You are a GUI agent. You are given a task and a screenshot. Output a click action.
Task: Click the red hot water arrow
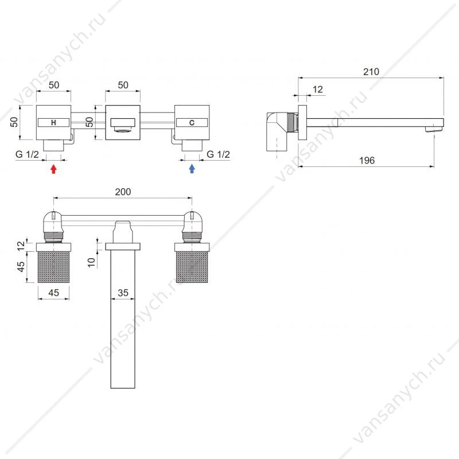pos(53,169)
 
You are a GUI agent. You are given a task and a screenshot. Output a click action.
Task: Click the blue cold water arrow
pos(192,169)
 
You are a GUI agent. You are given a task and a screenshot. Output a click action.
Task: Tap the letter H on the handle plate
pos(53,123)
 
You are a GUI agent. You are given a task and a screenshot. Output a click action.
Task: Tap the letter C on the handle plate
pos(192,123)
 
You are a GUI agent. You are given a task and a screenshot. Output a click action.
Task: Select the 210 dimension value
pos(371,72)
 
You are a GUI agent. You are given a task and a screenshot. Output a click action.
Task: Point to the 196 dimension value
pos(367,161)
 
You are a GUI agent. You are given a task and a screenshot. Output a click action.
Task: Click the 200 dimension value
pos(123,192)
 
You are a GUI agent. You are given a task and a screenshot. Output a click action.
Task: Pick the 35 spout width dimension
pos(123,293)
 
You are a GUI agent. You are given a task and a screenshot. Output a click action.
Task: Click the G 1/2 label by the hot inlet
pos(27,154)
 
